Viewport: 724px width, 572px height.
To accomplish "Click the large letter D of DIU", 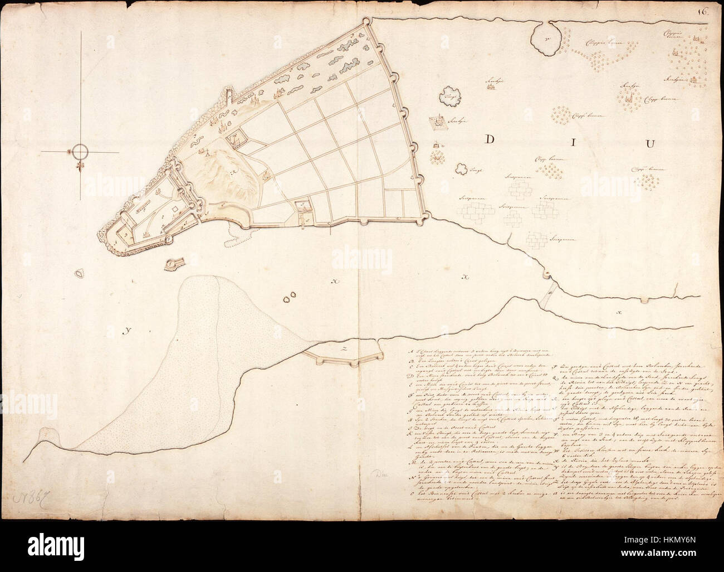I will [487, 140].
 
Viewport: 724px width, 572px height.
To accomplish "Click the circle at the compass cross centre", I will [80, 151].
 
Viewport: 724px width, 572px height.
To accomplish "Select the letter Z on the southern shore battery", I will [345, 350].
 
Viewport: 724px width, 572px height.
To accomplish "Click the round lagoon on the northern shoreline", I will [545, 40].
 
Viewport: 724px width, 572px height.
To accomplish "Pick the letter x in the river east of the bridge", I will [619, 312].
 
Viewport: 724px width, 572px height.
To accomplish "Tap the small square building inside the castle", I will [174, 210].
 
